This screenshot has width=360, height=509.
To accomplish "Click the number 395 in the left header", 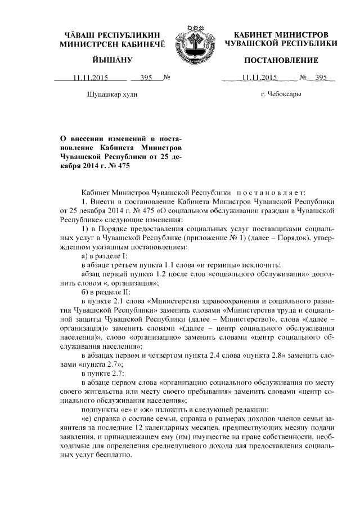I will point(147,78).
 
